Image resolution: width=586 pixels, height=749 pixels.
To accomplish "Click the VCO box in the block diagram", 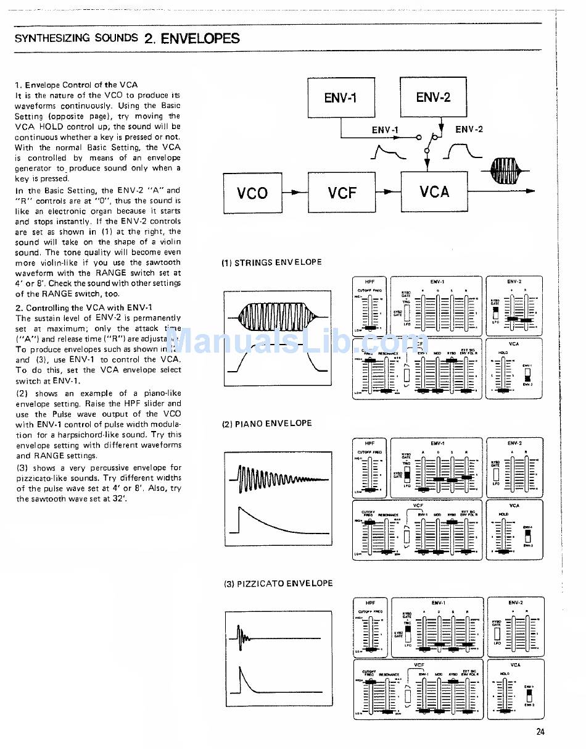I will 252,193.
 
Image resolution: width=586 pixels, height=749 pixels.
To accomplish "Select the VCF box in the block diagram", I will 342,193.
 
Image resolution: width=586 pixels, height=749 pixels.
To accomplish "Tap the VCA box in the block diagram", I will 434,192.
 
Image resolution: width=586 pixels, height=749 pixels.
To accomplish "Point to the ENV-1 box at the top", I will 340,98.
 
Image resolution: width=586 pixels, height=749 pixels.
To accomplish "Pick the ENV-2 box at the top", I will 433,97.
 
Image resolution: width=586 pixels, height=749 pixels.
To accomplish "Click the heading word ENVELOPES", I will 200,38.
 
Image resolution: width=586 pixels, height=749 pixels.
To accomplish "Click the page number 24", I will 540,732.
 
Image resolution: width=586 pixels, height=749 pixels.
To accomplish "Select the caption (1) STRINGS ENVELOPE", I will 271,262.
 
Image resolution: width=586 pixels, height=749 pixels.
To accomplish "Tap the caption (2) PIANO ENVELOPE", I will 266,424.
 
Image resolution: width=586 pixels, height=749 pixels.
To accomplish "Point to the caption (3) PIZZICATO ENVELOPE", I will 277,584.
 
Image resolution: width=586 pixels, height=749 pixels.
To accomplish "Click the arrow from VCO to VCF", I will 295,193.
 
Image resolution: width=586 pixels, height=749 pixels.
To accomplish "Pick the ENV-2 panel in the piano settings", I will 515,467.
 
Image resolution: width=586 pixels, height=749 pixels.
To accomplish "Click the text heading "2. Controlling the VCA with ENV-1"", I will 84,308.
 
